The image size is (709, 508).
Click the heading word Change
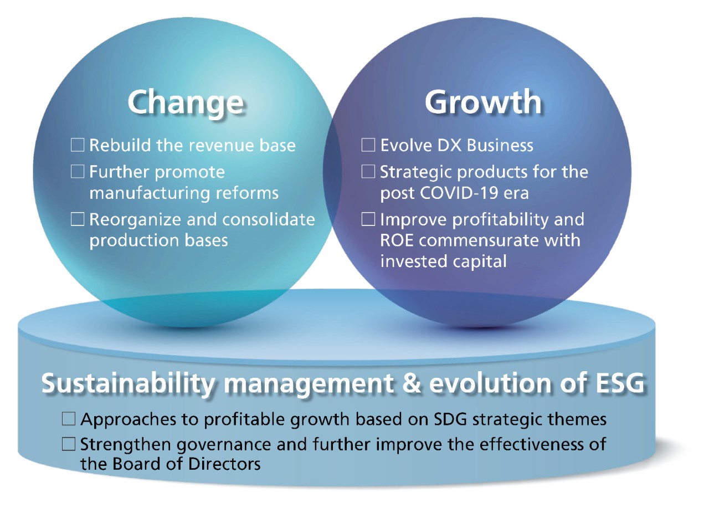(x=186, y=102)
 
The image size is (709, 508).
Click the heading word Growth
(x=483, y=102)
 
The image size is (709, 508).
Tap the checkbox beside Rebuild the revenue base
(x=78, y=145)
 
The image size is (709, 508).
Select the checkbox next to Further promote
(x=78, y=172)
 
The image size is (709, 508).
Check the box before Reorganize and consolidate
(x=78, y=219)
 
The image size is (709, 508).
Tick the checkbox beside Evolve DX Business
(x=368, y=145)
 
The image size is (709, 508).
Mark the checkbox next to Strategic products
(x=368, y=172)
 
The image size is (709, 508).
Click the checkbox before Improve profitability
(x=368, y=219)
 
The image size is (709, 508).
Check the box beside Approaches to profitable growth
(x=69, y=419)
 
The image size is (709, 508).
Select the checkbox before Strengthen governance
(x=69, y=444)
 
